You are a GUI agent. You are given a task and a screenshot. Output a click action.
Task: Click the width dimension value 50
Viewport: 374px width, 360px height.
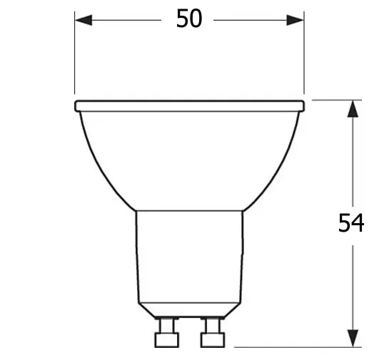point(189,19)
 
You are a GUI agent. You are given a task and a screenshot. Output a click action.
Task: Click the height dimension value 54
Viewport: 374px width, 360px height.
point(351,222)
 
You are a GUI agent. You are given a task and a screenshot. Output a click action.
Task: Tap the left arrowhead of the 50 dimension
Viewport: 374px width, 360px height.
point(84,20)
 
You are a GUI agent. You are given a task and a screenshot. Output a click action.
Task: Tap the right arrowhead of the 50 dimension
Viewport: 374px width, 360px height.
point(295,20)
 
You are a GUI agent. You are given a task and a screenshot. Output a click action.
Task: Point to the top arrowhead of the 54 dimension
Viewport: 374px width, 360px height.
point(353,108)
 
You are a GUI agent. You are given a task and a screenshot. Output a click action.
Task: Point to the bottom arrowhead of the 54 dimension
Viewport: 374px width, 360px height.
point(353,339)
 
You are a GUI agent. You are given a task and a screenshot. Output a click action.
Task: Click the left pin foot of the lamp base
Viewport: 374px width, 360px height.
point(167,340)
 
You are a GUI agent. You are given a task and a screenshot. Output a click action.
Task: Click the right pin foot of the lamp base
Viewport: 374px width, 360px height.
point(213,340)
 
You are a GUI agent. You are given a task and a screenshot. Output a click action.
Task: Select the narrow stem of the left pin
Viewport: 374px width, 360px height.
point(167,326)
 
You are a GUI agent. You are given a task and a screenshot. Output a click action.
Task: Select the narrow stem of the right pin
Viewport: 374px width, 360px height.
point(213,326)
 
